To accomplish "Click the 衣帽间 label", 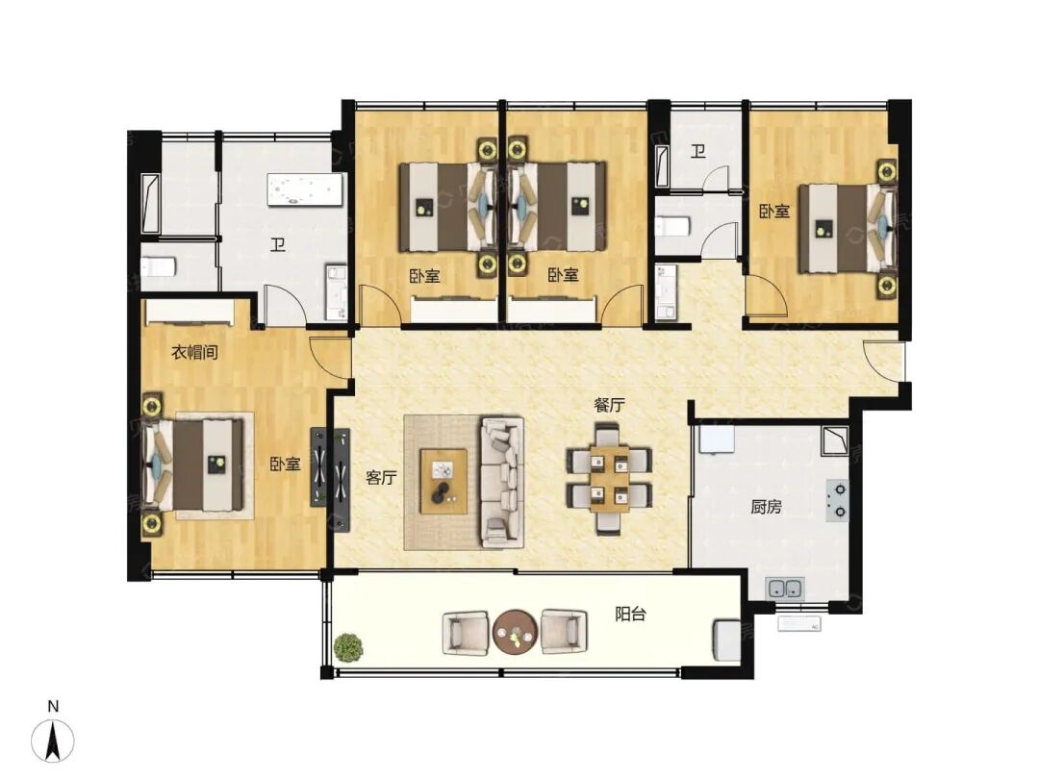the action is (194, 352).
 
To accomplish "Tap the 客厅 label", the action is (381, 477).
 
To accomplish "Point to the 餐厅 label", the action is (609, 405).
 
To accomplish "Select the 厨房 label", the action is (766, 507).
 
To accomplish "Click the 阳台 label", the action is (630, 614).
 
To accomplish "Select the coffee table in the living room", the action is (443, 481).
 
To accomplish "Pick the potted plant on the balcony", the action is (348, 646).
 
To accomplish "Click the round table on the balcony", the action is (515, 632).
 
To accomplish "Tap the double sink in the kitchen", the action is (785, 588).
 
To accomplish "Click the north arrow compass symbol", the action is (53, 740).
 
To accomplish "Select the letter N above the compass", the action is (53, 706).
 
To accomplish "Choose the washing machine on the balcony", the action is (726, 640).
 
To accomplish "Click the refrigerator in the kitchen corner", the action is (714, 440).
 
